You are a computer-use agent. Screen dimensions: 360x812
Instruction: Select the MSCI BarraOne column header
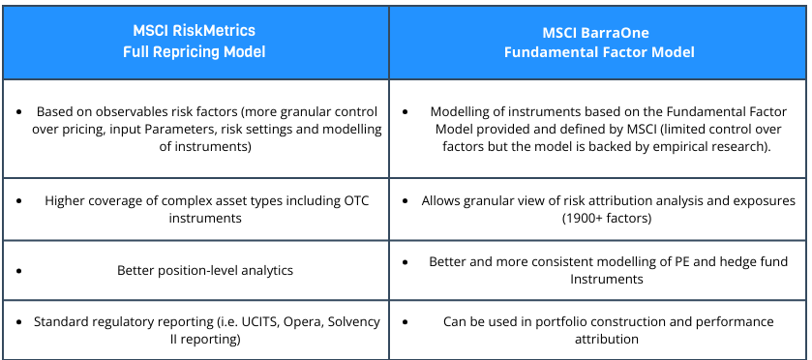[598, 43]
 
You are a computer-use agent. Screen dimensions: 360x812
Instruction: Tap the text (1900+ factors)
[598, 219]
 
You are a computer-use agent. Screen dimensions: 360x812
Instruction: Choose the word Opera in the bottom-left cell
[300, 320]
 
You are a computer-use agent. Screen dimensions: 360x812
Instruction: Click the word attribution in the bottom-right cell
[598, 340]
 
